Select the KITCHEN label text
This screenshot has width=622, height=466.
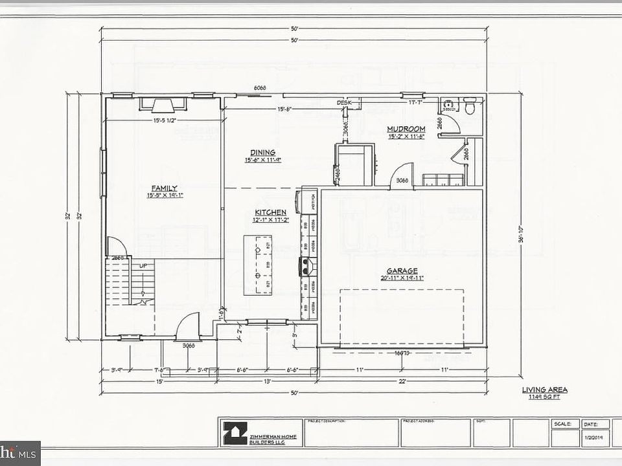(270, 212)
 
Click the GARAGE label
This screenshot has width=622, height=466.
(402, 271)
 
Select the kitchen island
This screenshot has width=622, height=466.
(258, 265)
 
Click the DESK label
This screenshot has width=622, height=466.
(343, 103)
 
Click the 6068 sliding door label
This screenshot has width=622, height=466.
(260, 87)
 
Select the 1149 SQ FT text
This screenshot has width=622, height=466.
(544, 396)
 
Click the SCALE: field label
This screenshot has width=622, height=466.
(562, 424)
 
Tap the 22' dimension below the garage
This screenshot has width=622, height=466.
(402, 381)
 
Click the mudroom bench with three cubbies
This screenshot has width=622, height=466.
(443, 179)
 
